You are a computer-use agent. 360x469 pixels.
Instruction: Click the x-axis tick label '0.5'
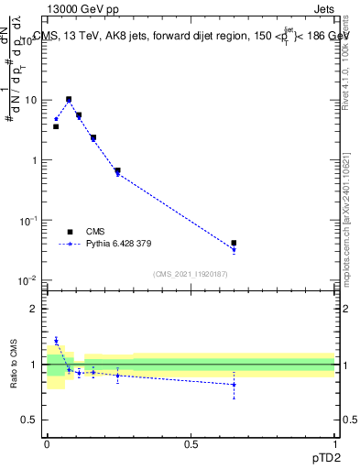tap(191, 442)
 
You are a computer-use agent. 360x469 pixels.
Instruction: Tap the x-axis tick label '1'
tap(334, 442)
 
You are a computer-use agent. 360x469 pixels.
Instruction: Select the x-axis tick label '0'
tap(47, 442)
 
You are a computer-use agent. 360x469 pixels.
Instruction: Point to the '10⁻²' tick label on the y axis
tap(29, 280)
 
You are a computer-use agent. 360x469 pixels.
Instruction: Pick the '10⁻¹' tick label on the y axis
tap(29, 221)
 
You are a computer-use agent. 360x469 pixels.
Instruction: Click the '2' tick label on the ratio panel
tap(37, 310)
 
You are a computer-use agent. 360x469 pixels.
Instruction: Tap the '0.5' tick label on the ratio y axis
tap(31, 420)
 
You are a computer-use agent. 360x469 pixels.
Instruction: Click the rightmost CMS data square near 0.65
tap(234, 243)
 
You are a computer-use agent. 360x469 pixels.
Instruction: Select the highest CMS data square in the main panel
tap(69, 99)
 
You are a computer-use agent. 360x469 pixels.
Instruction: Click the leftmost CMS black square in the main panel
tap(56, 126)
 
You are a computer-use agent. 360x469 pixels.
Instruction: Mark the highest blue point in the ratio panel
tap(56, 341)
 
